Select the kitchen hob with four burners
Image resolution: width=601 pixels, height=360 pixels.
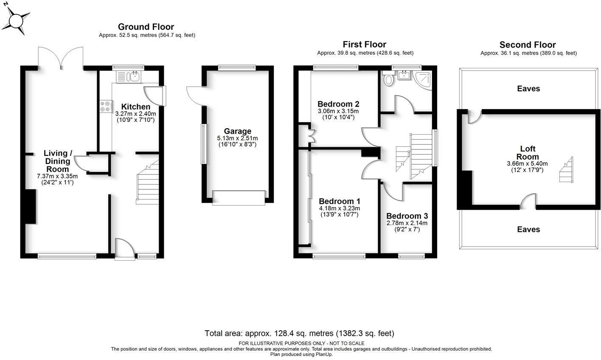[x=106, y=107]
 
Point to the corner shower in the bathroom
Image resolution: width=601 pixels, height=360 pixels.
[x=424, y=80]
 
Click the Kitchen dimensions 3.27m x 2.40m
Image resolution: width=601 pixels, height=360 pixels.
[x=135, y=114]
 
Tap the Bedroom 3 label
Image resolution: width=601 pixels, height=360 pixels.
[x=407, y=216]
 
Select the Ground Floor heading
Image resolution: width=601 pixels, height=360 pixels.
[x=146, y=27]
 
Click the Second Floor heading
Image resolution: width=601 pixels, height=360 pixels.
[x=527, y=45]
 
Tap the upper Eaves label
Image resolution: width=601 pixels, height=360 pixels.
[x=528, y=89]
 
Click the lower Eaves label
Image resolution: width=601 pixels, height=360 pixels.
[x=528, y=229]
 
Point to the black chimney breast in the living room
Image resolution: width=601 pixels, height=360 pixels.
[x=30, y=206]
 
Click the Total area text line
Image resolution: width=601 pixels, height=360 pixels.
[x=299, y=333]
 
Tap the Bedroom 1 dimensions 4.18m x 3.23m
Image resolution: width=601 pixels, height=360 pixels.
[x=339, y=208]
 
